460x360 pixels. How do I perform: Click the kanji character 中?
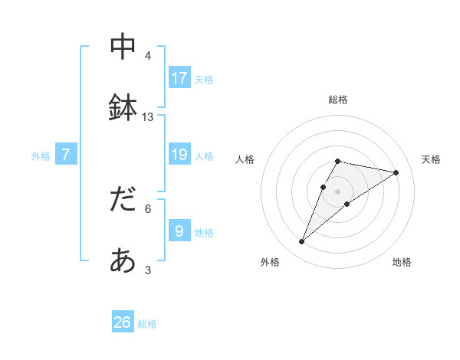pyautogui.click(x=123, y=47)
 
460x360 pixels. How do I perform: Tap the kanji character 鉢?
pyautogui.click(x=123, y=108)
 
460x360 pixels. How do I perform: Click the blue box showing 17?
pyautogui.click(x=179, y=77)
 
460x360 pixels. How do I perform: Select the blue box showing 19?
pyautogui.click(x=179, y=155)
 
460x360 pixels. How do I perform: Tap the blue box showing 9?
pyautogui.click(x=179, y=231)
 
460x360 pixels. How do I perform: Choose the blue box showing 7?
pyautogui.click(x=66, y=155)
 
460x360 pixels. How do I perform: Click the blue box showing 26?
pyautogui.click(x=123, y=322)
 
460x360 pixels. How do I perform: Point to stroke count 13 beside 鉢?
pyautogui.click(x=148, y=116)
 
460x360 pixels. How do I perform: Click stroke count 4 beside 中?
pyautogui.click(x=148, y=56)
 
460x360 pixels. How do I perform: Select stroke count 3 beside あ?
pyautogui.click(x=148, y=270)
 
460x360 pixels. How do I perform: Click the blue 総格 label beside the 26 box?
pyautogui.click(x=147, y=324)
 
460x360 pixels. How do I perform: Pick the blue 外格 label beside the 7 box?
pyautogui.click(x=41, y=156)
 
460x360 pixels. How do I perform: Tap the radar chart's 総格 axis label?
pyautogui.click(x=337, y=100)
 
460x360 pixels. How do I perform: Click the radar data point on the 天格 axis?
pyautogui.click(x=396, y=172)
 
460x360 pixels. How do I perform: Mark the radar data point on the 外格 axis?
pyautogui.click(x=301, y=241)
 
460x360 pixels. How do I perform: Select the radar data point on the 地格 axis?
pyautogui.click(x=347, y=204)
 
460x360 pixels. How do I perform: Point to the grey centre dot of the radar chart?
pyautogui.click(x=337, y=191)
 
